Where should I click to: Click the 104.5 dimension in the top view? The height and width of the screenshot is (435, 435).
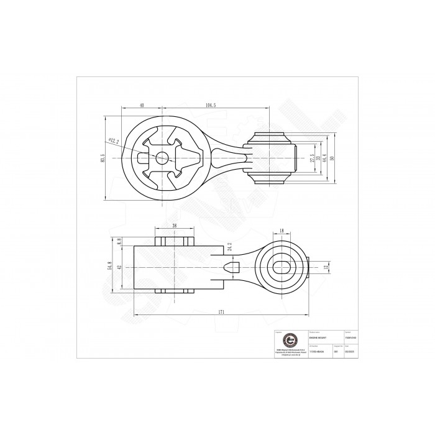click(x=210, y=106)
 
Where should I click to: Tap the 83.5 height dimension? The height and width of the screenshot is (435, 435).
click(x=102, y=159)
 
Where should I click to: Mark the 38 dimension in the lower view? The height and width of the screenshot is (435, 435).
click(x=175, y=226)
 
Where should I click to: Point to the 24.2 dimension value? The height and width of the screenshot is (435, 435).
click(x=229, y=247)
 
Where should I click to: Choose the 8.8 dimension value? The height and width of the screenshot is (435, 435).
click(x=119, y=240)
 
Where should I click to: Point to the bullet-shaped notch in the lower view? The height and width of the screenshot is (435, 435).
click(x=231, y=267)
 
